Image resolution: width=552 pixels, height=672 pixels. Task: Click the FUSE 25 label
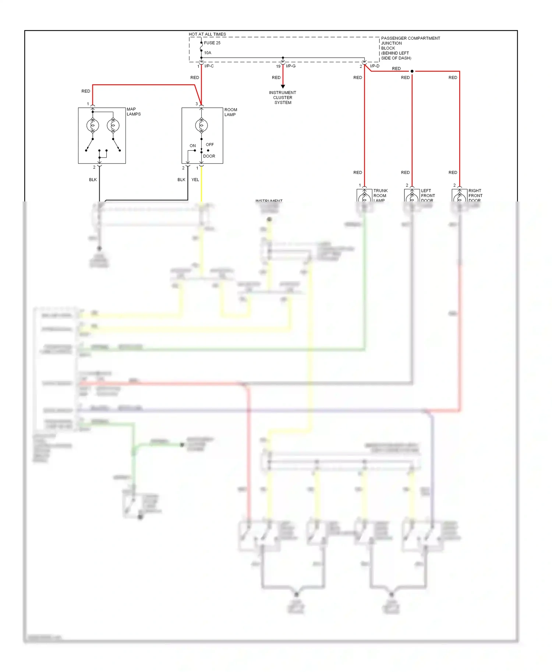coord(212,43)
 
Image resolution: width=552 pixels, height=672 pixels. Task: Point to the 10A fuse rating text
coord(208,53)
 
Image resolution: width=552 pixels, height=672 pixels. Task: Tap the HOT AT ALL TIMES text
coord(207,34)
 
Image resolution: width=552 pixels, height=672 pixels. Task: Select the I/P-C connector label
coord(209,66)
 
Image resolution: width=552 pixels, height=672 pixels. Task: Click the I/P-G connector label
coord(291,66)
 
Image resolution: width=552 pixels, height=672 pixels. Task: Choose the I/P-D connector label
coord(375,66)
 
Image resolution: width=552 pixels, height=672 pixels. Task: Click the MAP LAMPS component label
coord(134,111)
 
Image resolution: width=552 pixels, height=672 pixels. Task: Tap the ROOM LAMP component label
coord(231,112)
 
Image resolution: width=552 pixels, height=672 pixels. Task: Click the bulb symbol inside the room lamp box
coord(201,126)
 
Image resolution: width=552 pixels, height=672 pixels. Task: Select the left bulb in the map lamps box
coord(93,126)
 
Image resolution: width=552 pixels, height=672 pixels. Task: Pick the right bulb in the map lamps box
coord(113,126)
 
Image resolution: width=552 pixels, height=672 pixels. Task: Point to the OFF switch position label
coord(210,144)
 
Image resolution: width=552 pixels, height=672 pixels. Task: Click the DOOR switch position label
coord(209,156)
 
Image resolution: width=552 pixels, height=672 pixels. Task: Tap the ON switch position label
coord(192,146)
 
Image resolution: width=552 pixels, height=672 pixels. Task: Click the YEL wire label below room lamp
coord(195,180)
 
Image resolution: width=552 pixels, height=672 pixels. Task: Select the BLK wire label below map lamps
coord(93,180)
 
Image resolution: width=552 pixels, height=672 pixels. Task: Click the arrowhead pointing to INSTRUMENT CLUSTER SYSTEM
coord(283,86)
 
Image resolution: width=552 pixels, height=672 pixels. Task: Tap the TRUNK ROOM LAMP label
coord(381,195)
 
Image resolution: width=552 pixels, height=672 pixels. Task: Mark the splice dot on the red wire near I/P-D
coord(412,71)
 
